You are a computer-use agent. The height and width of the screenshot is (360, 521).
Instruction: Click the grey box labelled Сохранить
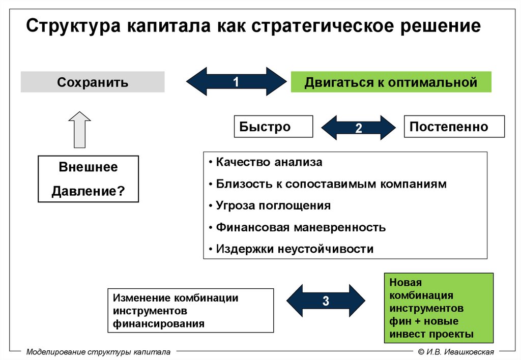click(93, 82)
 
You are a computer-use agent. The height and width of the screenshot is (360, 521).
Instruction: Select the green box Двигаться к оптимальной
click(391, 82)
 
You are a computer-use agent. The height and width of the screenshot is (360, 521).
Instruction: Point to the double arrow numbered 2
click(358, 128)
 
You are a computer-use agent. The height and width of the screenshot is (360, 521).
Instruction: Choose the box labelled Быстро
click(273, 127)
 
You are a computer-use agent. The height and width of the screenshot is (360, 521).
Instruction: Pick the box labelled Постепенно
click(454, 127)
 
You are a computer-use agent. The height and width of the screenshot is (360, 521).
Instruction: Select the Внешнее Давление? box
click(88, 179)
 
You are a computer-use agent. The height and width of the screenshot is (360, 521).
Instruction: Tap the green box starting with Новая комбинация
click(438, 308)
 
